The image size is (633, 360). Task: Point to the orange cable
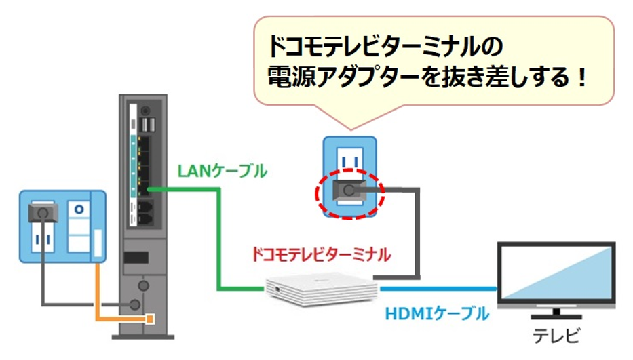(x=99, y=298)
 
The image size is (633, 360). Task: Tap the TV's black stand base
(x=556, y=318)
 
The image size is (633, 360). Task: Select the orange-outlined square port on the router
(x=149, y=317)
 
